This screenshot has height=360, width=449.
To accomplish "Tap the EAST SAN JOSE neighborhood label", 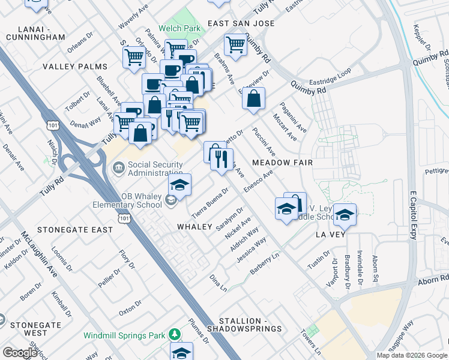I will (241, 23).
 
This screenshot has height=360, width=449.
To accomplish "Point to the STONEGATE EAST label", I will (75, 230).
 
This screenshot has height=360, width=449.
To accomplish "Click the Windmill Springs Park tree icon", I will (175, 334).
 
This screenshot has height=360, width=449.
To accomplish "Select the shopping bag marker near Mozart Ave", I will (254, 98).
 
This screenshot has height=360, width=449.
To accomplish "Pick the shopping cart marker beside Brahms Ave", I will (235, 44).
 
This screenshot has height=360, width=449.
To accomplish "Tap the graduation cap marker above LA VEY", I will (345, 214).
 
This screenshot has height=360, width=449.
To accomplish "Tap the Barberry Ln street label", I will (265, 263).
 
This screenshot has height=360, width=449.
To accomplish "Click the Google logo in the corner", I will (20, 352).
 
